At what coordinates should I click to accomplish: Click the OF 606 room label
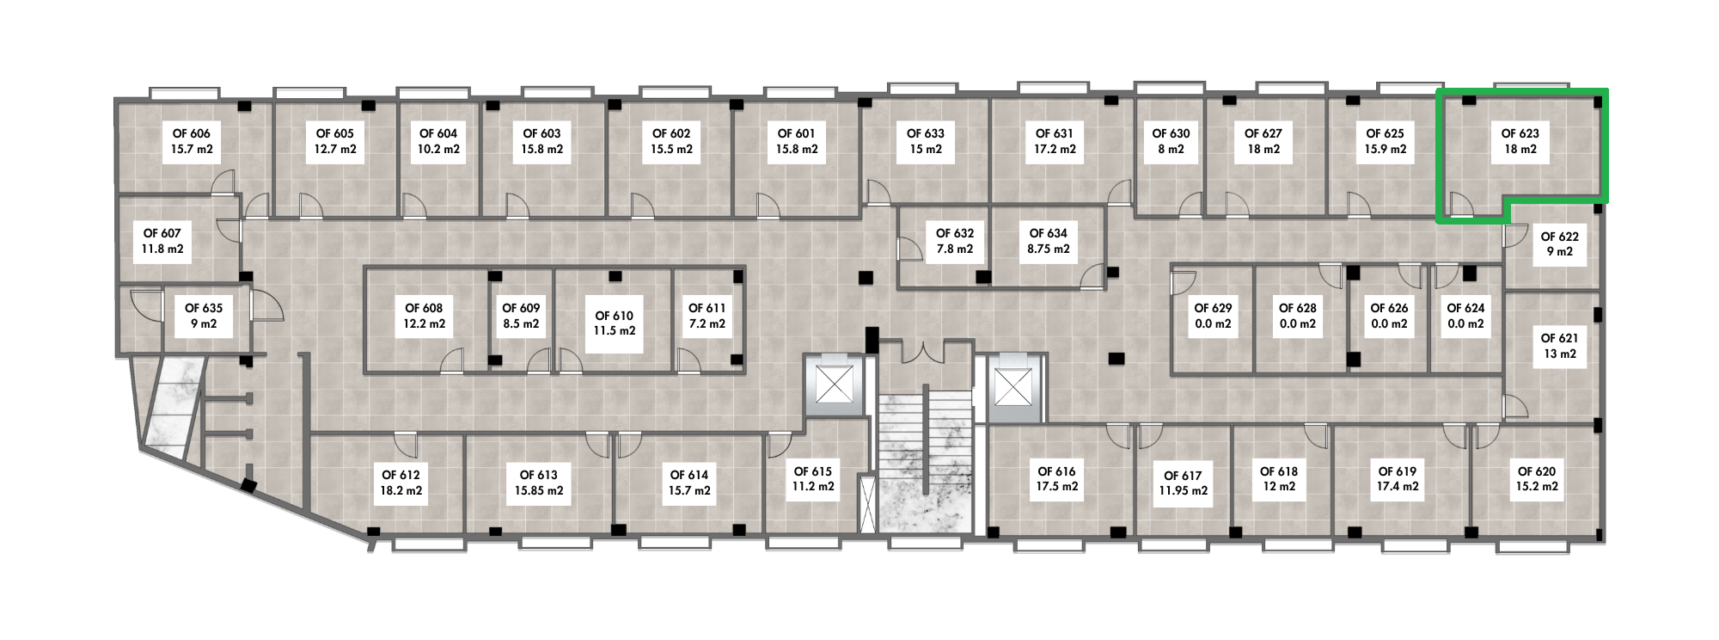coord(191,133)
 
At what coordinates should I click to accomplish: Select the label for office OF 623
coord(1520,133)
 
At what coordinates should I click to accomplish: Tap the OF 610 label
coord(614,316)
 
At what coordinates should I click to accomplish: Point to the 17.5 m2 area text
coord(1056,487)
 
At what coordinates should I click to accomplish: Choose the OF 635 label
coord(204,308)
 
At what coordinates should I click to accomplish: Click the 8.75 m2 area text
coord(1049,249)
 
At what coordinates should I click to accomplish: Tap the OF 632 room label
coord(955,233)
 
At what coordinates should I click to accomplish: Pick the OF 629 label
coord(1213,308)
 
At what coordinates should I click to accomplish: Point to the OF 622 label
coord(1559,237)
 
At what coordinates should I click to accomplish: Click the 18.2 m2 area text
coord(401,491)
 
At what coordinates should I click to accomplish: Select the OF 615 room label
coord(813,471)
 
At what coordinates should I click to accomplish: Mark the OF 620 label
coord(1537,471)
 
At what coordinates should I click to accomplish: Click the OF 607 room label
coord(162,233)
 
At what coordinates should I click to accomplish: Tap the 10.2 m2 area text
coord(438,150)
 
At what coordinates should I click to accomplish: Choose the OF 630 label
coord(1171,133)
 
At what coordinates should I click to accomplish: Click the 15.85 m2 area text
coord(539,491)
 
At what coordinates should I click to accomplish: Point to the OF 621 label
coord(1559,338)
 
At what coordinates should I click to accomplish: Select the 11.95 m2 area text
coord(1183,491)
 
